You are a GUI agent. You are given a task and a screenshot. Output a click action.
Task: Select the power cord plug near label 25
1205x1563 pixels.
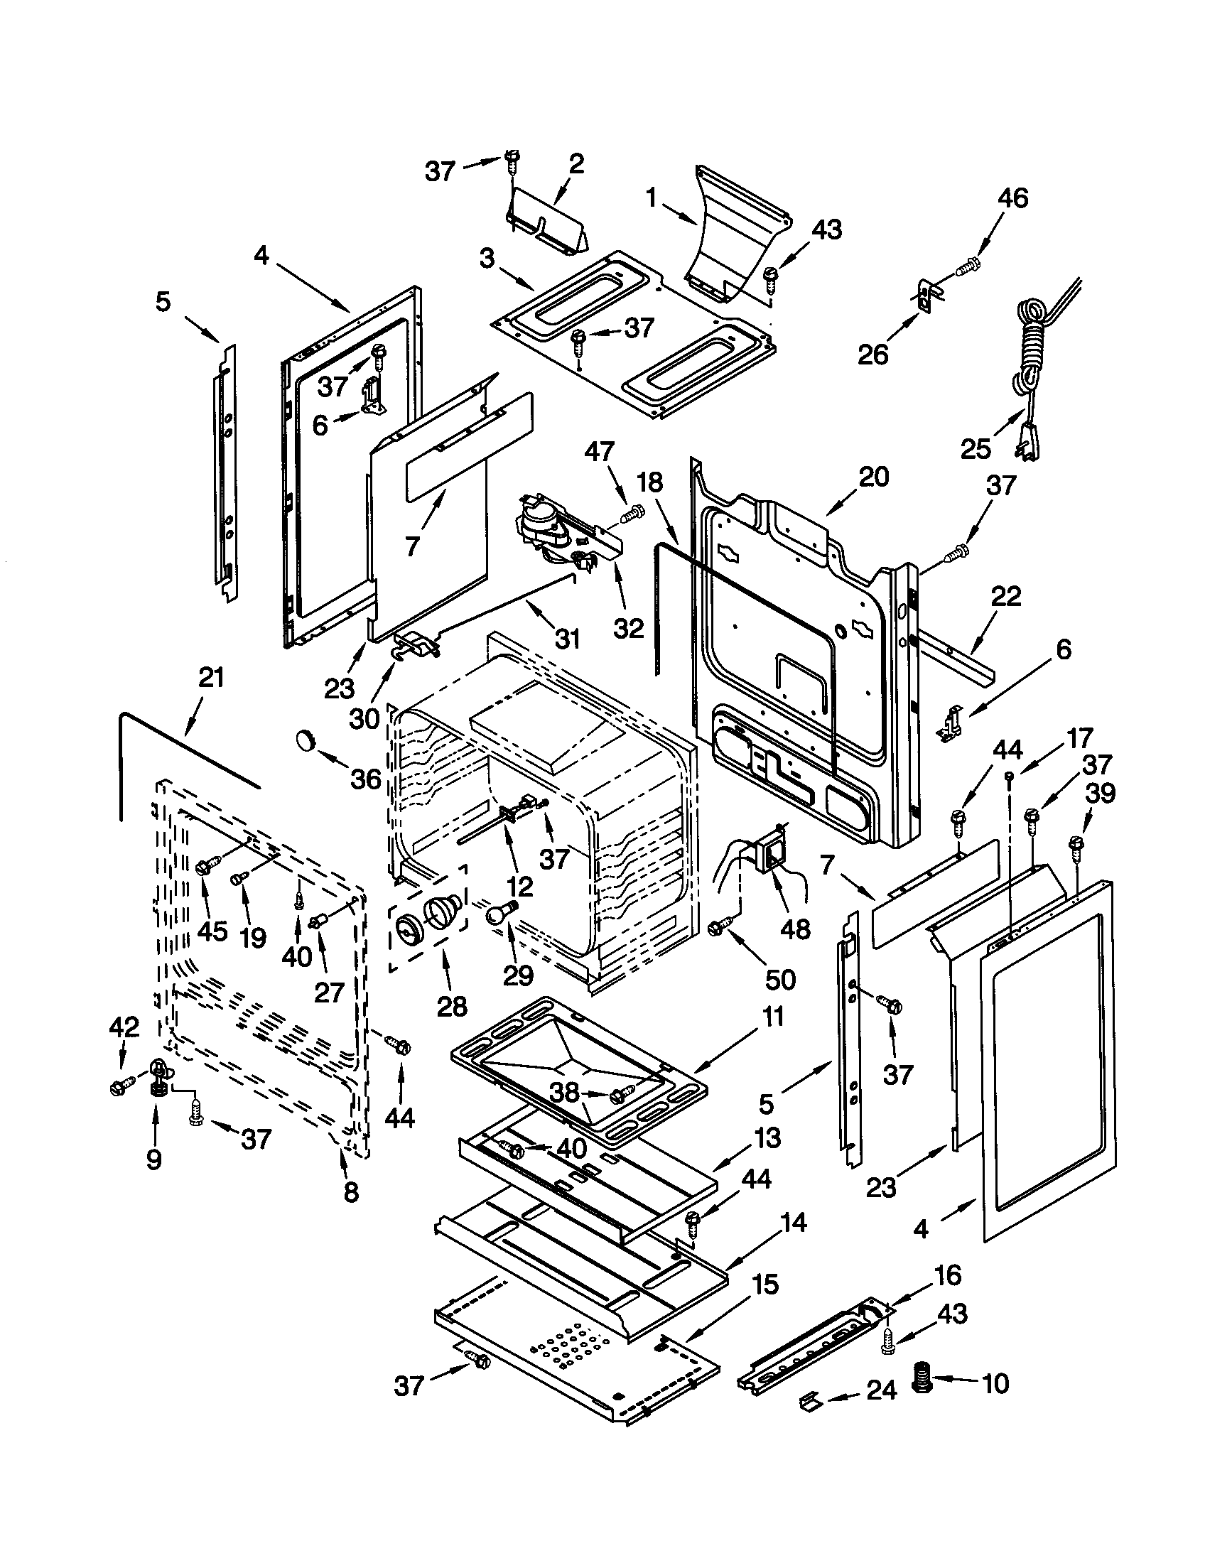tap(1027, 437)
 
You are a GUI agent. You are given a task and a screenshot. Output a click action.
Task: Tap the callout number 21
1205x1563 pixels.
tap(211, 677)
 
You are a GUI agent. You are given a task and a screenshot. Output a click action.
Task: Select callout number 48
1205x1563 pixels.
tap(795, 929)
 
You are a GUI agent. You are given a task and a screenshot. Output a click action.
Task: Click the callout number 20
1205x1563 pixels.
tap(874, 477)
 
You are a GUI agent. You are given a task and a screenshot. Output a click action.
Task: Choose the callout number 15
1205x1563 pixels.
tap(765, 1285)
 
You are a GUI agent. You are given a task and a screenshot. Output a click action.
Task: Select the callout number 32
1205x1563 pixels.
tap(629, 627)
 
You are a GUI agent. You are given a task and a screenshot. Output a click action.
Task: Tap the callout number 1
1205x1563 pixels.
tap(650, 198)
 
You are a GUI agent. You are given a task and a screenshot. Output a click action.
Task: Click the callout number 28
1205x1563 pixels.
tap(451, 1006)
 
